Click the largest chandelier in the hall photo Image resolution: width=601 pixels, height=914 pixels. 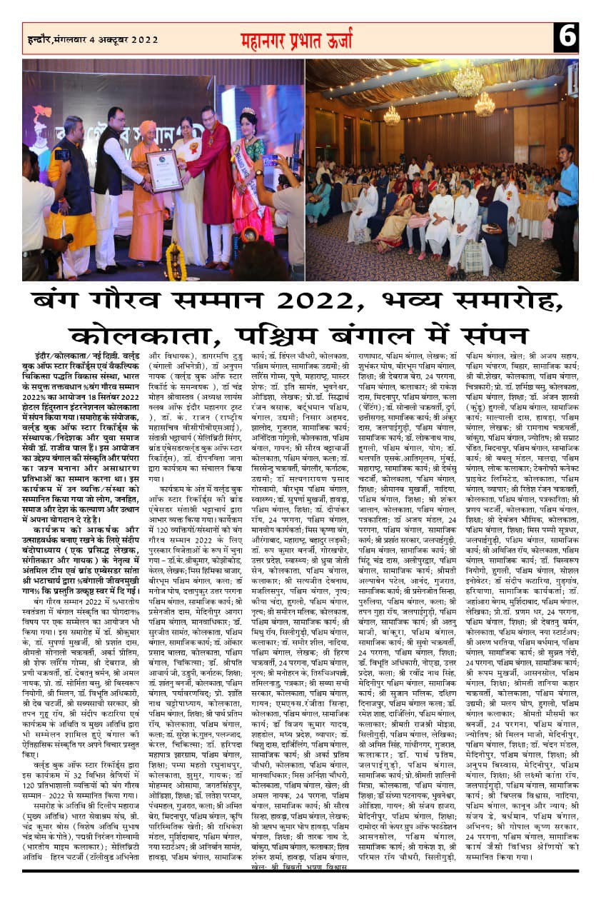coord(468,81)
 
